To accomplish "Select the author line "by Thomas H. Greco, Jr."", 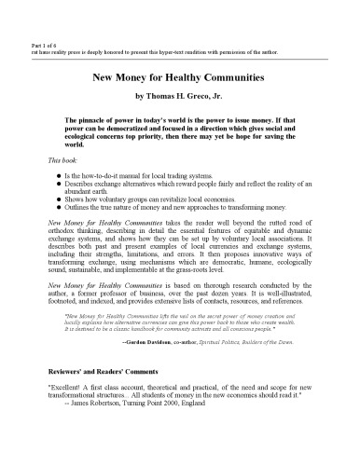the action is (179, 97).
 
